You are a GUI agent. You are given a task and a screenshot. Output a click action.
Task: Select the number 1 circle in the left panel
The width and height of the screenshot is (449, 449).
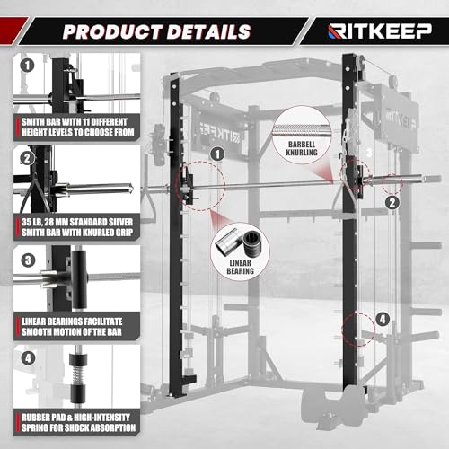(x=29, y=66)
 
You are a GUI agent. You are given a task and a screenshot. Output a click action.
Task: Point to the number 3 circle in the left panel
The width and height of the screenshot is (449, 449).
(x=29, y=261)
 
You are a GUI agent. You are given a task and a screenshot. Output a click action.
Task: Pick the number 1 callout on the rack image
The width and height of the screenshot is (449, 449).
(x=217, y=154)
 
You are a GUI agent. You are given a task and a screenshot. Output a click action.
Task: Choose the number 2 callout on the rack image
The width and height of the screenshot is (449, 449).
(x=392, y=202)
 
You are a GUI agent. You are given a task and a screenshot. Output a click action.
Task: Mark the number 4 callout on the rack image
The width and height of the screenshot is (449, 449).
(x=383, y=318)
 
